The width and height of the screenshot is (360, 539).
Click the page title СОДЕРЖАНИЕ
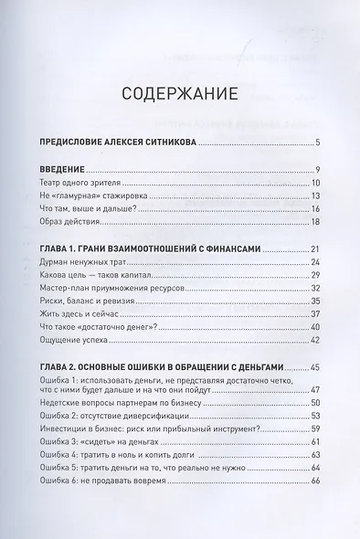pyautogui.click(x=179, y=93)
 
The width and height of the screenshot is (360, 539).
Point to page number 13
pyautogui.click(x=312, y=196)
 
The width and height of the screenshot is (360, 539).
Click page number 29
pyautogui.click(x=311, y=275)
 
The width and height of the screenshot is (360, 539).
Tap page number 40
pyautogui.click(x=311, y=326)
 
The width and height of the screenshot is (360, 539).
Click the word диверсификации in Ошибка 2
pyautogui.click(x=159, y=416)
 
